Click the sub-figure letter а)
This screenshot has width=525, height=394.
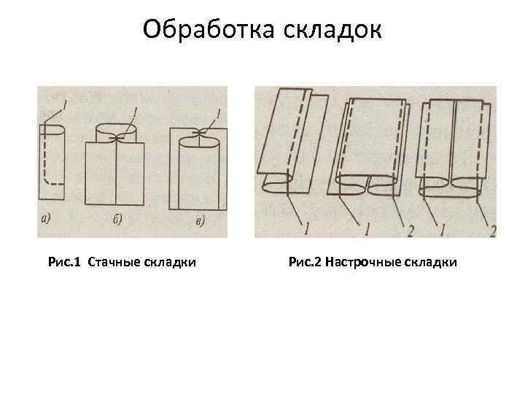(46, 218)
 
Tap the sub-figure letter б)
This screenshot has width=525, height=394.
(116, 219)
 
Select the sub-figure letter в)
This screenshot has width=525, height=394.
(199, 221)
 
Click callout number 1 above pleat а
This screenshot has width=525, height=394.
(66, 107)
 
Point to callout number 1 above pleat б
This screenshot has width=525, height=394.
(136, 111)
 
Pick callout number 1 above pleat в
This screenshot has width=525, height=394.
(219, 112)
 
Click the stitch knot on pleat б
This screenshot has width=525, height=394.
(115, 137)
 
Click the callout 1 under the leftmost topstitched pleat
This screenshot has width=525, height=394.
(306, 228)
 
